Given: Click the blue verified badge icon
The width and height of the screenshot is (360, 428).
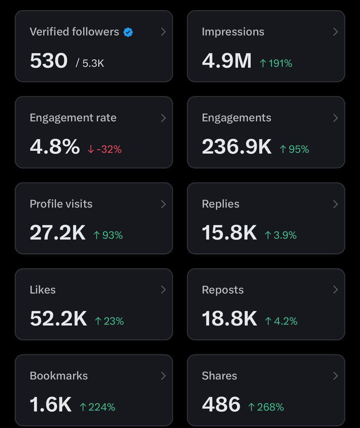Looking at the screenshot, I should click(x=128, y=32).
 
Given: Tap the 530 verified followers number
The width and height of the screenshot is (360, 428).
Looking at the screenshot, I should click(x=48, y=61).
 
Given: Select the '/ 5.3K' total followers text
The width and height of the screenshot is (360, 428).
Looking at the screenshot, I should click(x=90, y=63).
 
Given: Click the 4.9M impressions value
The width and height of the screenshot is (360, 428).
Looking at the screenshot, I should click(x=227, y=61).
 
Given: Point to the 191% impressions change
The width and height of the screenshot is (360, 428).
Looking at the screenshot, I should click(x=276, y=64).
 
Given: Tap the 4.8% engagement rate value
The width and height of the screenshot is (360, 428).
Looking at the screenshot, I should click(x=55, y=147).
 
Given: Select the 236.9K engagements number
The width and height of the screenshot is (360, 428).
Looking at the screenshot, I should click(x=236, y=147).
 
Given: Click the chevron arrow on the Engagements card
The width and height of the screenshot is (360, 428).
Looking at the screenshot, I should click(x=335, y=118).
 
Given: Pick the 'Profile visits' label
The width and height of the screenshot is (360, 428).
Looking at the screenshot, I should click(x=61, y=204).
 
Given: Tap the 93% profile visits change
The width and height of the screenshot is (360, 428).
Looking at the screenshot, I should click(x=108, y=235).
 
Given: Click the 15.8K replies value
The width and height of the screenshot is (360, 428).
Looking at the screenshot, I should click(x=229, y=233).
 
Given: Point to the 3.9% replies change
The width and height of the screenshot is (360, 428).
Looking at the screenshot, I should click(x=280, y=235).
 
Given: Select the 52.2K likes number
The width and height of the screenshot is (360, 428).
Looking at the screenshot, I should click(x=58, y=319).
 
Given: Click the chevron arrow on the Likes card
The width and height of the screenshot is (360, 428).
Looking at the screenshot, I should click(x=163, y=290).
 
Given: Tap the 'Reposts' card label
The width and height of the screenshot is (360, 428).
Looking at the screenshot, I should click(x=223, y=290).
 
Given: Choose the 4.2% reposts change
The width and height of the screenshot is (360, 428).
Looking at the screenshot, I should click(x=281, y=321).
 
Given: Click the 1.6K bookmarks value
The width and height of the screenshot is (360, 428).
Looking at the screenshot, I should click(x=51, y=405).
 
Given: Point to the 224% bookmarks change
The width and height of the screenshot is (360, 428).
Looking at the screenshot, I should click(x=97, y=407).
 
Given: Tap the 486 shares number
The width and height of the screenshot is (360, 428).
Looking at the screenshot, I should click(x=221, y=405).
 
